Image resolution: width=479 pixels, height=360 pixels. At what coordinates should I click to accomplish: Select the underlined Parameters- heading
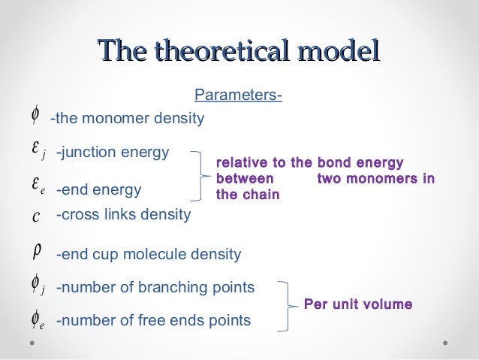[238, 96]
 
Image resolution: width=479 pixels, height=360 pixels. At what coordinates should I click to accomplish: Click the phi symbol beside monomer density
[35, 115]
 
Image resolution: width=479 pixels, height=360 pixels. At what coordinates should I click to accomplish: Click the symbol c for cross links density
[37, 216]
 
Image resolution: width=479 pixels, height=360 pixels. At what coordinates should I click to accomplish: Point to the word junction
[86, 153]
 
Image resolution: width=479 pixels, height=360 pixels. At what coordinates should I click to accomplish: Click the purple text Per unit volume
[357, 304]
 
